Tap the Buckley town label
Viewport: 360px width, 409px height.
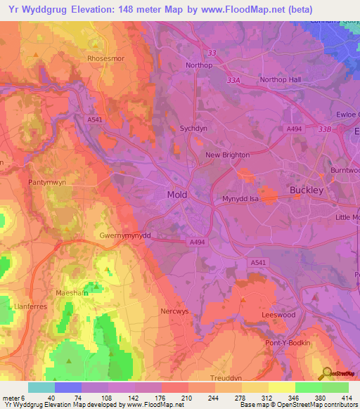[307, 190]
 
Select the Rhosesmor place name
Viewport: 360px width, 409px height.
[105, 59]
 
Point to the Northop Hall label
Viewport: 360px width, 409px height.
[280, 79]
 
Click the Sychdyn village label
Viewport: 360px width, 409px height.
[194, 129]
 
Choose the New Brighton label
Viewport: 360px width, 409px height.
[227, 155]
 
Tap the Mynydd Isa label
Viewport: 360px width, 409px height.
[241, 199]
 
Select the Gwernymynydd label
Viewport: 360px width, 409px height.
[125, 236]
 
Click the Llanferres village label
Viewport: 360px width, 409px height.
[30, 307]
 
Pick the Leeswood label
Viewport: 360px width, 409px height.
[278, 316]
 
